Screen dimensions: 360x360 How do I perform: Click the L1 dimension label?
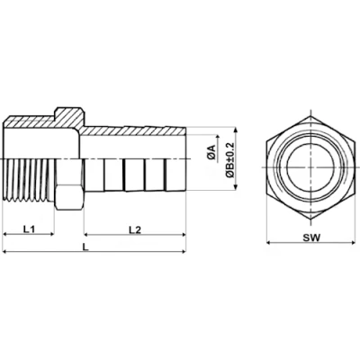point(28,230)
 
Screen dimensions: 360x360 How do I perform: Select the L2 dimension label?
point(134,230)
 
